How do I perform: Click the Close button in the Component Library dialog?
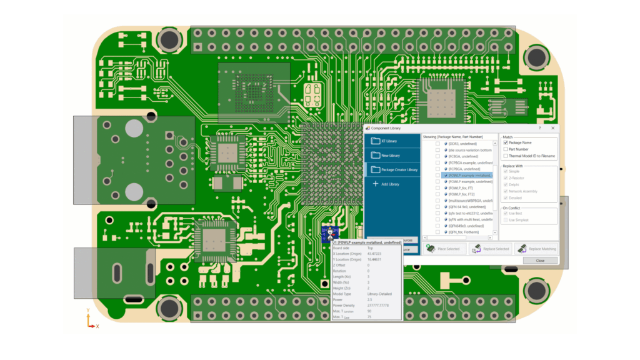(x=539, y=261)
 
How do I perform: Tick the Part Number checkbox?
(x=506, y=149)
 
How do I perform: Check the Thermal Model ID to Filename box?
(x=506, y=156)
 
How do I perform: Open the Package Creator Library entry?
(x=394, y=169)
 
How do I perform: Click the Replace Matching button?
(x=536, y=249)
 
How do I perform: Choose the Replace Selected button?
(x=490, y=249)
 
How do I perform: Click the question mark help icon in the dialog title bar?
(x=540, y=127)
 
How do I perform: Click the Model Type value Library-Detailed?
(x=381, y=294)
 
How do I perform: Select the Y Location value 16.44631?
(x=375, y=259)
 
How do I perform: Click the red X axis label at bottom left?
(x=97, y=326)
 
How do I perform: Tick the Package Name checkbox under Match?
(x=506, y=142)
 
